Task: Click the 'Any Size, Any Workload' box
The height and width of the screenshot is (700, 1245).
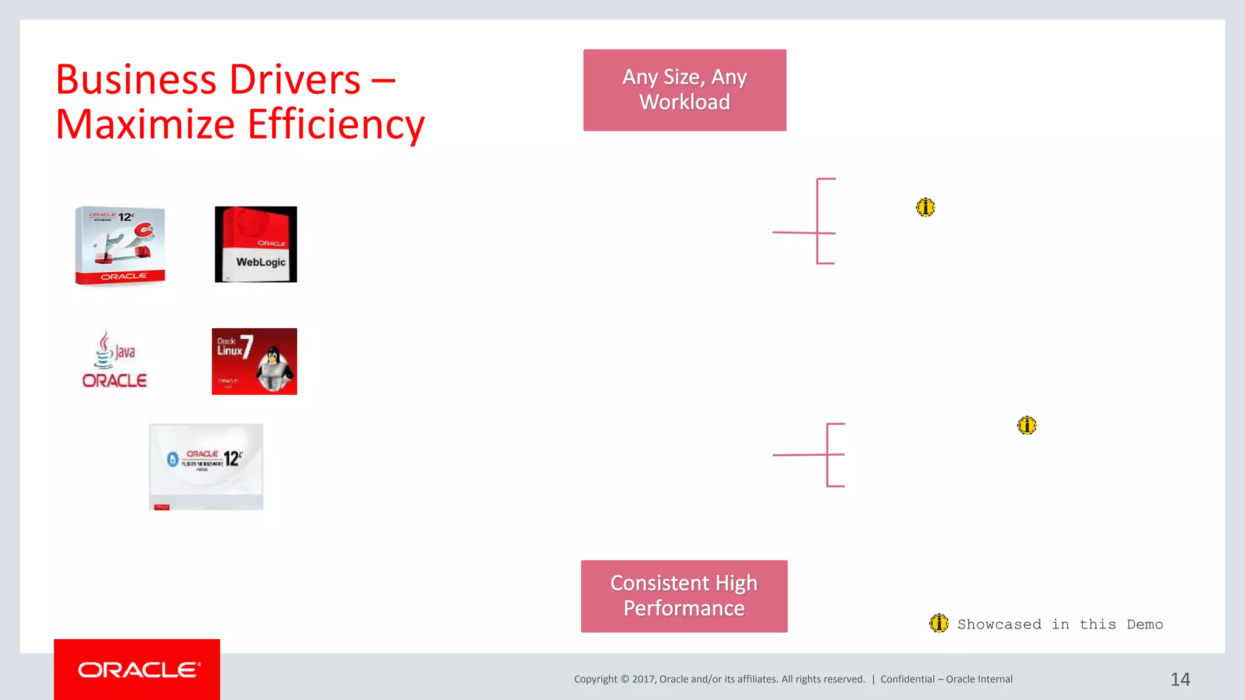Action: (x=685, y=90)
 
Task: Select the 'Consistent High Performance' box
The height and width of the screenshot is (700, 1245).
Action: (x=684, y=596)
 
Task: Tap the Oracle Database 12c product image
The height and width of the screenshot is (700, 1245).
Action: (x=120, y=245)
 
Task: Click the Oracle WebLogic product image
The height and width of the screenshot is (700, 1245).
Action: (x=256, y=244)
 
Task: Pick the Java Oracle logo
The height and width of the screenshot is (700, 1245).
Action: (x=114, y=359)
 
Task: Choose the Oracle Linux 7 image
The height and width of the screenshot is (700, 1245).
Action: (x=254, y=362)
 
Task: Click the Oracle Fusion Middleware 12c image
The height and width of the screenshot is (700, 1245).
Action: (x=206, y=467)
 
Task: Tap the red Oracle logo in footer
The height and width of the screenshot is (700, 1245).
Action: (x=137, y=670)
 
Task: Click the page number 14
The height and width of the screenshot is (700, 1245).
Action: (x=1180, y=679)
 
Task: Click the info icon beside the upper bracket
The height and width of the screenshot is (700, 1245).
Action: (x=925, y=208)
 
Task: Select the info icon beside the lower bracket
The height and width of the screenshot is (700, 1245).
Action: (x=1027, y=425)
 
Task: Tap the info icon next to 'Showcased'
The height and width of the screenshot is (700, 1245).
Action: (x=939, y=623)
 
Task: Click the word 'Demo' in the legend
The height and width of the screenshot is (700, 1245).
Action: (x=1144, y=625)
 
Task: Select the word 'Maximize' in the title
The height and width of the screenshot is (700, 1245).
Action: (x=145, y=125)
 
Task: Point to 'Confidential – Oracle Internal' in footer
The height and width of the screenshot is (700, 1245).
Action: (x=946, y=679)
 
